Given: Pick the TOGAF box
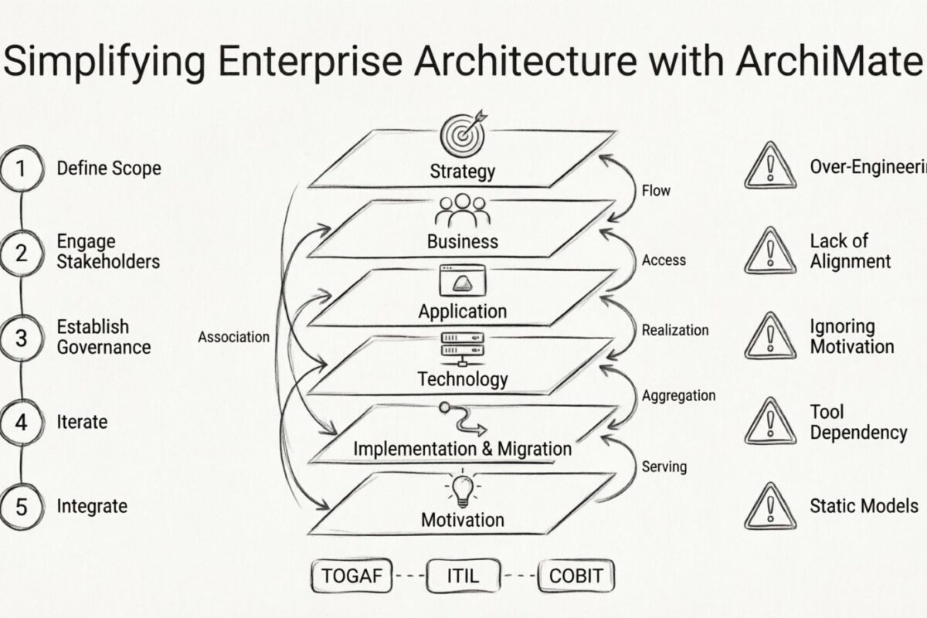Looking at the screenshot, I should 352,576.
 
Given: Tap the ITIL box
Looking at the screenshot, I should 463,576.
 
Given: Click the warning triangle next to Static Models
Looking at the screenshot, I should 769,508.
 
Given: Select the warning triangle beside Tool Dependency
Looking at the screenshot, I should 769,423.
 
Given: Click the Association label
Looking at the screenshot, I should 233,337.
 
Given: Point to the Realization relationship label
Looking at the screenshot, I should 674,330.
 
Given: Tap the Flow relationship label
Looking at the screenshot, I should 656,190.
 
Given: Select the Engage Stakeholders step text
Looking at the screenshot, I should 108,251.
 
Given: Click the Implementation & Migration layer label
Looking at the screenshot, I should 463,449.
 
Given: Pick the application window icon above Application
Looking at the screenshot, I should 463,280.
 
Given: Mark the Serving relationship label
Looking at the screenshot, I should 664,467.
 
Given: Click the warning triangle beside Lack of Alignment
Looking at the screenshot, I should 769,253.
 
